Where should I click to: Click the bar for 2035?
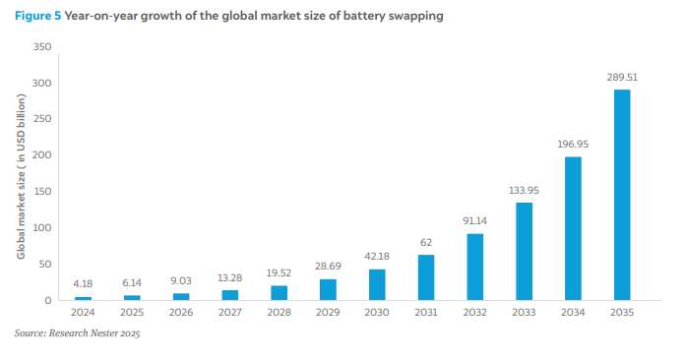click(622, 195)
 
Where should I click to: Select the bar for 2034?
click(573, 228)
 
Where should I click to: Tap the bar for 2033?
click(525, 252)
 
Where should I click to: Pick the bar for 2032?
click(475, 267)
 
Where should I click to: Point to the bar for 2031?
click(426, 277)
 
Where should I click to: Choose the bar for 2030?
click(377, 285)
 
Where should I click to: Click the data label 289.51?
click(622, 78)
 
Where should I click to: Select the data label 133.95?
click(525, 190)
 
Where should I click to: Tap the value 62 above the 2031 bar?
click(426, 242)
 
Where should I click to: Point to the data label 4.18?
click(83, 284)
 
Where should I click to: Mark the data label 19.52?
click(279, 273)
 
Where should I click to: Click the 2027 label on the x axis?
click(230, 313)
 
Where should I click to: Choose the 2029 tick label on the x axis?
click(328, 313)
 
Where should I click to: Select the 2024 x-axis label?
click(83, 313)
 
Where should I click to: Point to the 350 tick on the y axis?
click(42, 47)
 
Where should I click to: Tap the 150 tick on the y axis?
click(42, 192)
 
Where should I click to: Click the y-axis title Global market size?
click(21, 176)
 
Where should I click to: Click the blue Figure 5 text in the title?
click(38, 16)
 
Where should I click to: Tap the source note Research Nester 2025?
click(77, 333)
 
